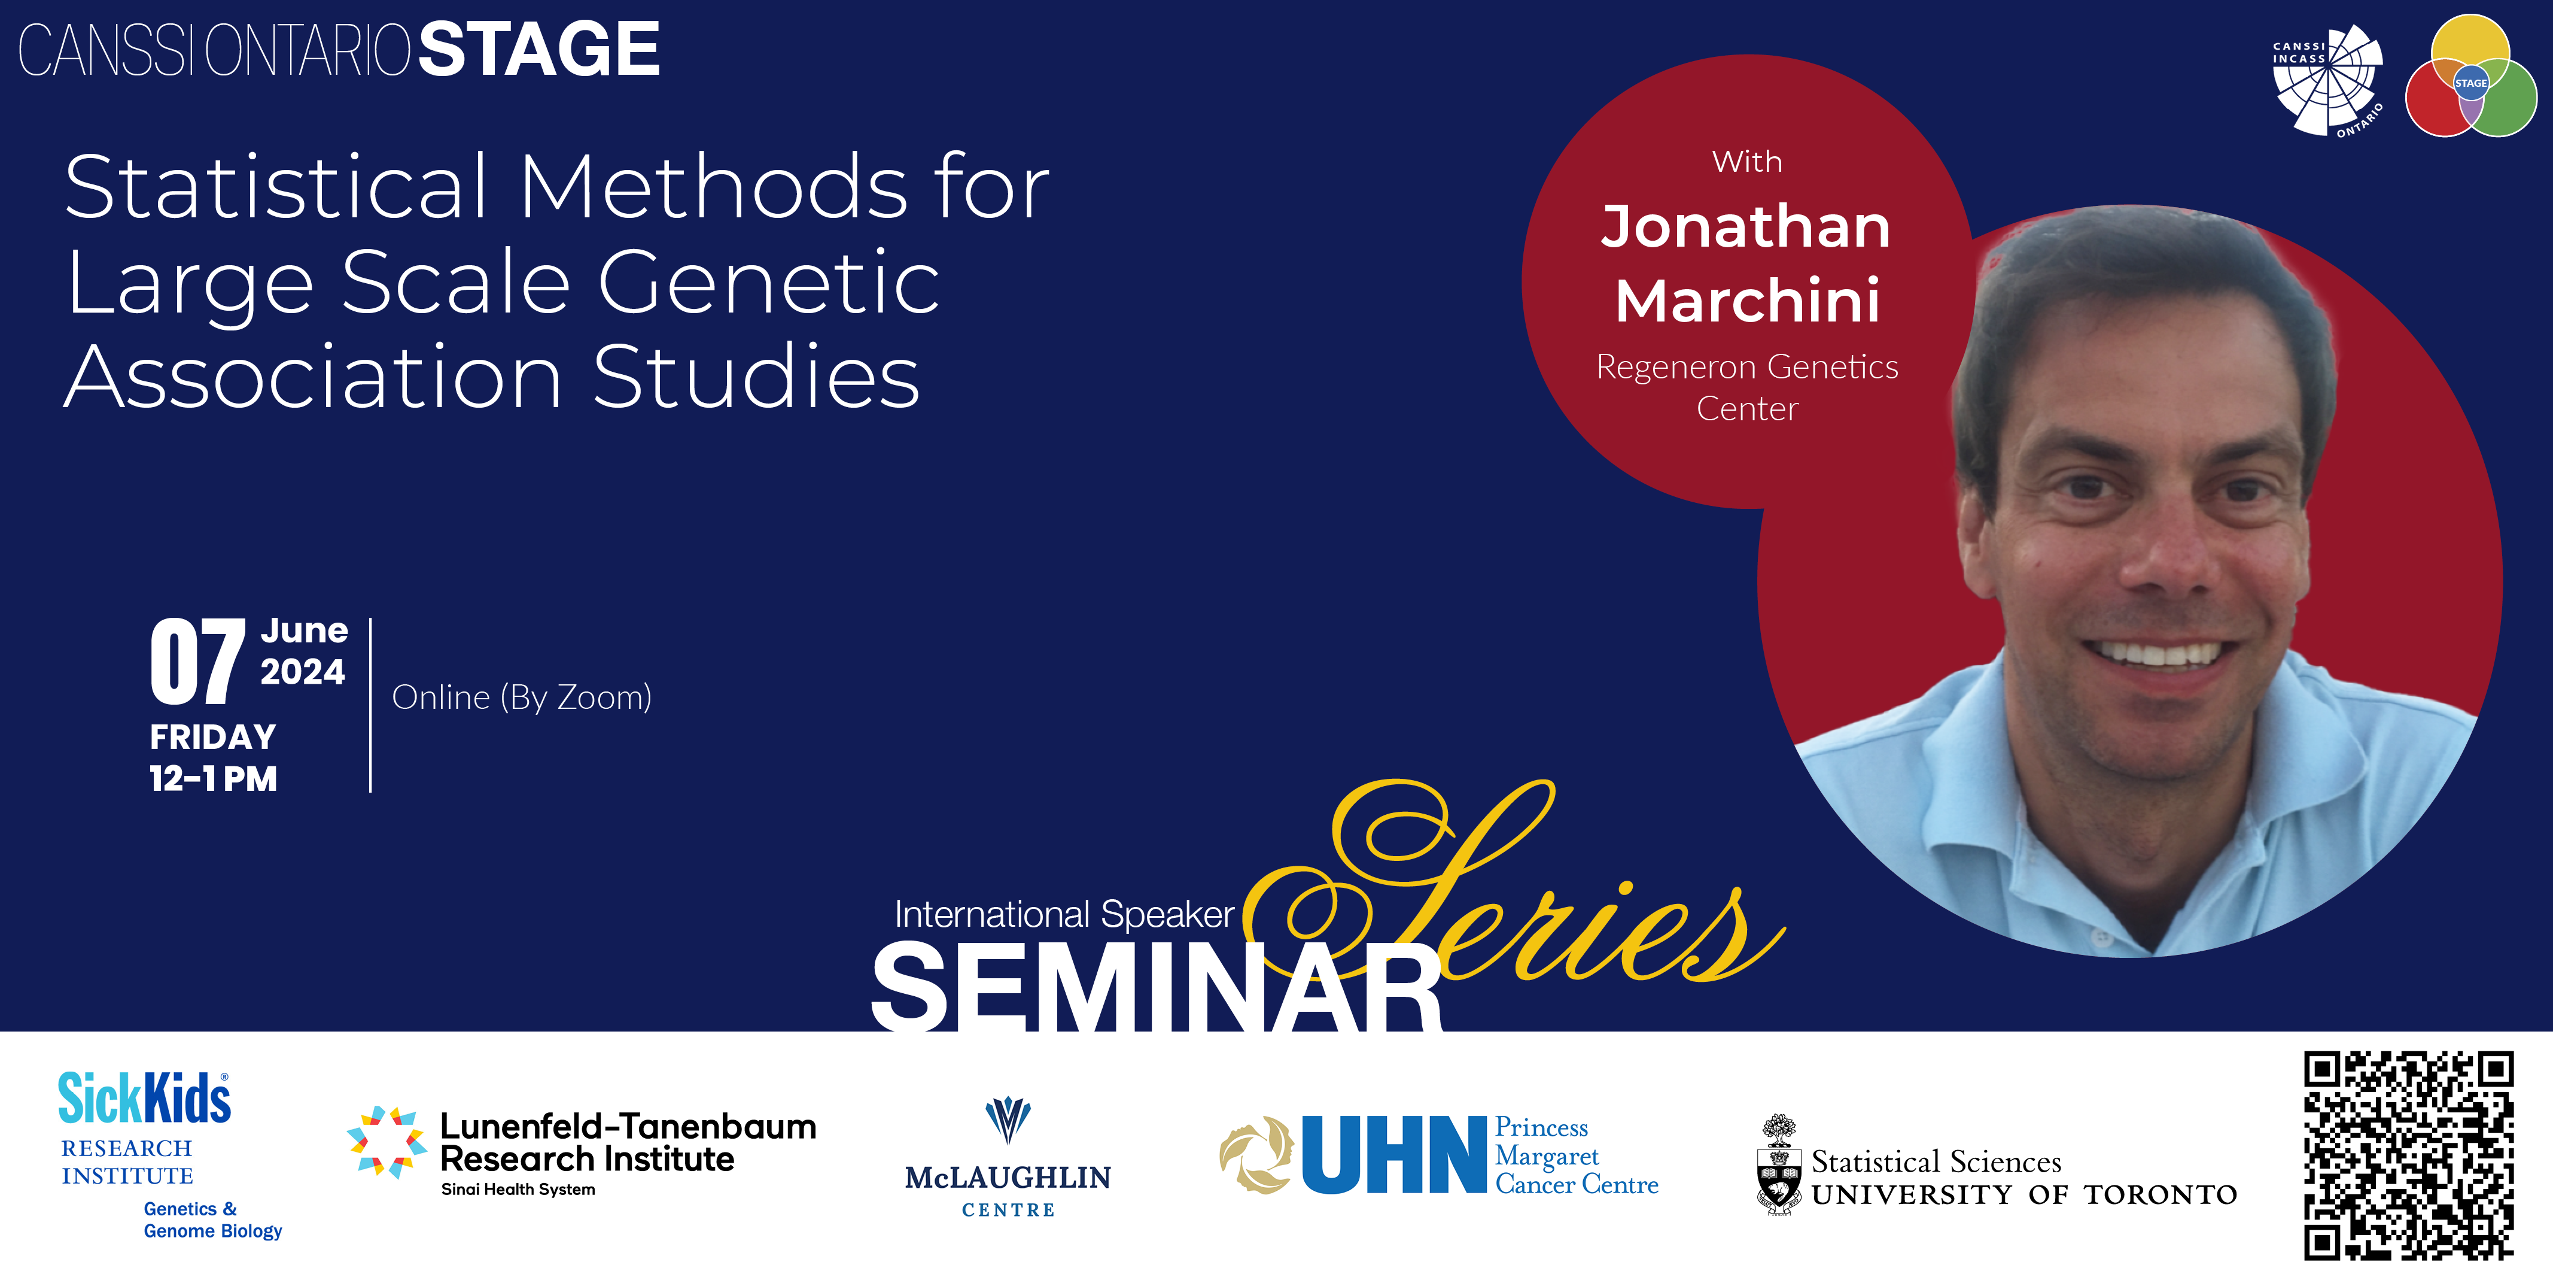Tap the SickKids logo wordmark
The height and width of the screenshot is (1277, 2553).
(145, 1099)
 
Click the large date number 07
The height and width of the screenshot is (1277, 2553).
(197, 660)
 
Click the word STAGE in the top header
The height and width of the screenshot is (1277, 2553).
(539, 50)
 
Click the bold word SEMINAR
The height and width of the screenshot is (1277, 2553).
(1157, 987)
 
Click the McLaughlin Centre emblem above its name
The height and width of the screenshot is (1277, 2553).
(1008, 1120)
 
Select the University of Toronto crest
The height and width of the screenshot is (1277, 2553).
(1779, 1165)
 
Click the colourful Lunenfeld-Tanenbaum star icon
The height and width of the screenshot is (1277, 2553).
(387, 1142)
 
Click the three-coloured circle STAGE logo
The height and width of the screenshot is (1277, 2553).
(2471, 77)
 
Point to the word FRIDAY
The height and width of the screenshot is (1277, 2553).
(213, 738)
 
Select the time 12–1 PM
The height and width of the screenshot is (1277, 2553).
(213, 779)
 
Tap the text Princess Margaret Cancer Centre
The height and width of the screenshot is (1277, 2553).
(1576, 1156)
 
